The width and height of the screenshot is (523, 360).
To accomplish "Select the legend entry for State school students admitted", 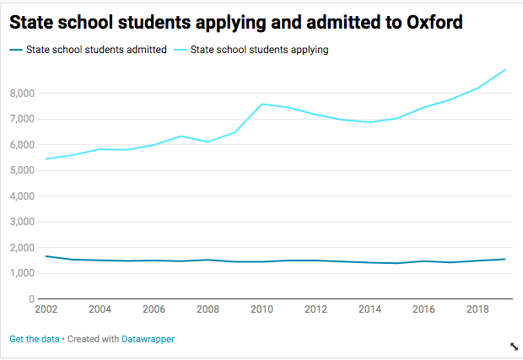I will [94, 50].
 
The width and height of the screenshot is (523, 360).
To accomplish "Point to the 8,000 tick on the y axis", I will [22, 93].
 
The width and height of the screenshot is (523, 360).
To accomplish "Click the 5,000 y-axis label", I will [22, 170].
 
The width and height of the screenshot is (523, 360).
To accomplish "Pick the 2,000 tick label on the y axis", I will [22, 248].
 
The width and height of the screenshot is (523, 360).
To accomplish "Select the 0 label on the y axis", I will [30, 299].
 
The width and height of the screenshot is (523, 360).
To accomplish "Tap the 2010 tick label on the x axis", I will [261, 310].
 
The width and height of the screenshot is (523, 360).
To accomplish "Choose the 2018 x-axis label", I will [478, 310].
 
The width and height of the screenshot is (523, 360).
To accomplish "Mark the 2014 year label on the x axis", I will [369, 310].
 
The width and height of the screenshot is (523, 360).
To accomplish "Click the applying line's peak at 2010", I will [261, 104].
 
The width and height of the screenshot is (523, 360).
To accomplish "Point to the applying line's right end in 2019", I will [504, 69].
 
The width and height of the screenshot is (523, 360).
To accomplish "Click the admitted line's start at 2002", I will [46, 256].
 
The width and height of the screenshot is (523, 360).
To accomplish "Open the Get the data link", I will [34, 339].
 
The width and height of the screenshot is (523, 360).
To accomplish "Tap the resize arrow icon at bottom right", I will [514, 347].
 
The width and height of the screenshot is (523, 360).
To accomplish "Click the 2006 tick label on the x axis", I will [154, 310].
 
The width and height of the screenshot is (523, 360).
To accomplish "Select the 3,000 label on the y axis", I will [22, 222].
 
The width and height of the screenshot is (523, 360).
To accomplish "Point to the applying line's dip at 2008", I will [208, 142].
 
